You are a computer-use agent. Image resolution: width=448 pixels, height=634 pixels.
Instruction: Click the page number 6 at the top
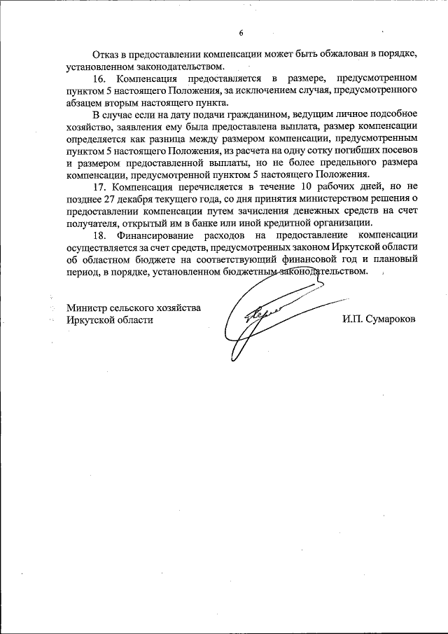click(x=241, y=33)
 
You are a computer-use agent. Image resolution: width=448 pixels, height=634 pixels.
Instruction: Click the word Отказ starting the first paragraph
click(x=106, y=55)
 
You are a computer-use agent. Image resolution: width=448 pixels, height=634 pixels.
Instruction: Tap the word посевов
click(x=398, y=150)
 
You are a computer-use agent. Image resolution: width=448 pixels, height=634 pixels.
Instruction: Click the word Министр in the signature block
click(x=90, y=307)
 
